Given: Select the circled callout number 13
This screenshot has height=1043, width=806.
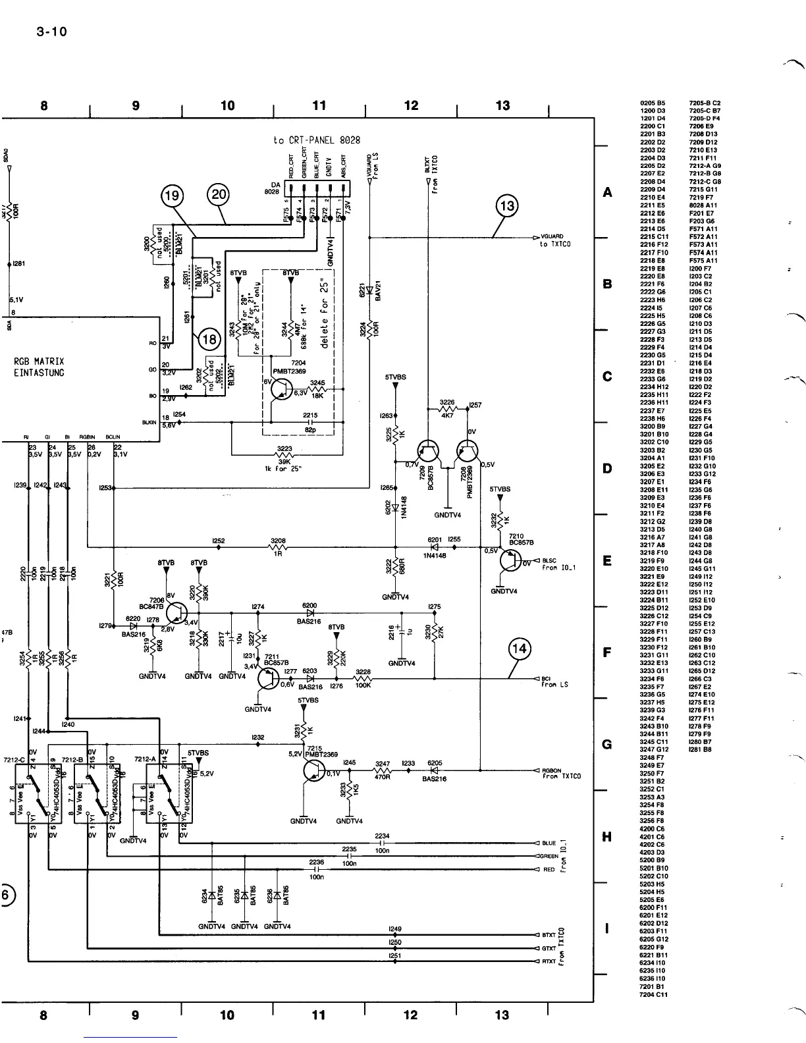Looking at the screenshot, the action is tap(507, 206).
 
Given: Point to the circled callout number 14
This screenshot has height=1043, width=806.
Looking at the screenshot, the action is tap(520, 649).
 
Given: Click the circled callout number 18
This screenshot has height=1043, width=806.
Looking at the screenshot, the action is tap(209, 340).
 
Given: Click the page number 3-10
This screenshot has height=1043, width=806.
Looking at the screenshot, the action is tap(51, 32).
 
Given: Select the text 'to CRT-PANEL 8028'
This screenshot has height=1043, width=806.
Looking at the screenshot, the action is tap(316, 140).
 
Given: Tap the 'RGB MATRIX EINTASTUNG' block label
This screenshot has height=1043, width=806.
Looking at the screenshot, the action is tap(40, 367).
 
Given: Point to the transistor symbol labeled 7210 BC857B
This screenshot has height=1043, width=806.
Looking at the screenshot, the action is tap(510, 560).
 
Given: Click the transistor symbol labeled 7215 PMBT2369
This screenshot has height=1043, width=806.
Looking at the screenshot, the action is tap(315, 771).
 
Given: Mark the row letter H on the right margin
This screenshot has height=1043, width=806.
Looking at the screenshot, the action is tap(608, 837).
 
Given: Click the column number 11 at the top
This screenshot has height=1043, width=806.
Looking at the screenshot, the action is tap(319, 105).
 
